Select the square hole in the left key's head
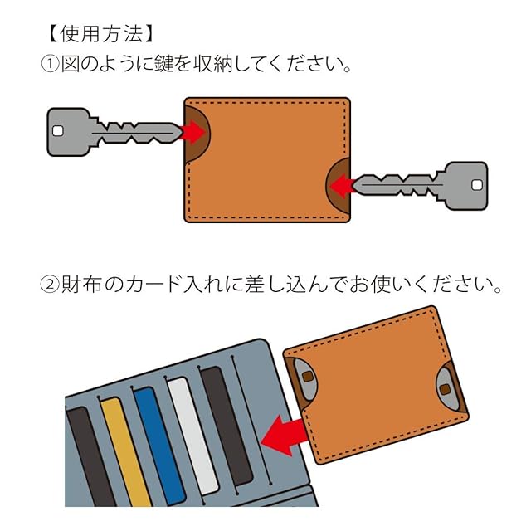coord(58,131)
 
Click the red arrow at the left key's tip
coord(193,132)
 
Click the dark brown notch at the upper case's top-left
coord(197,130)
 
